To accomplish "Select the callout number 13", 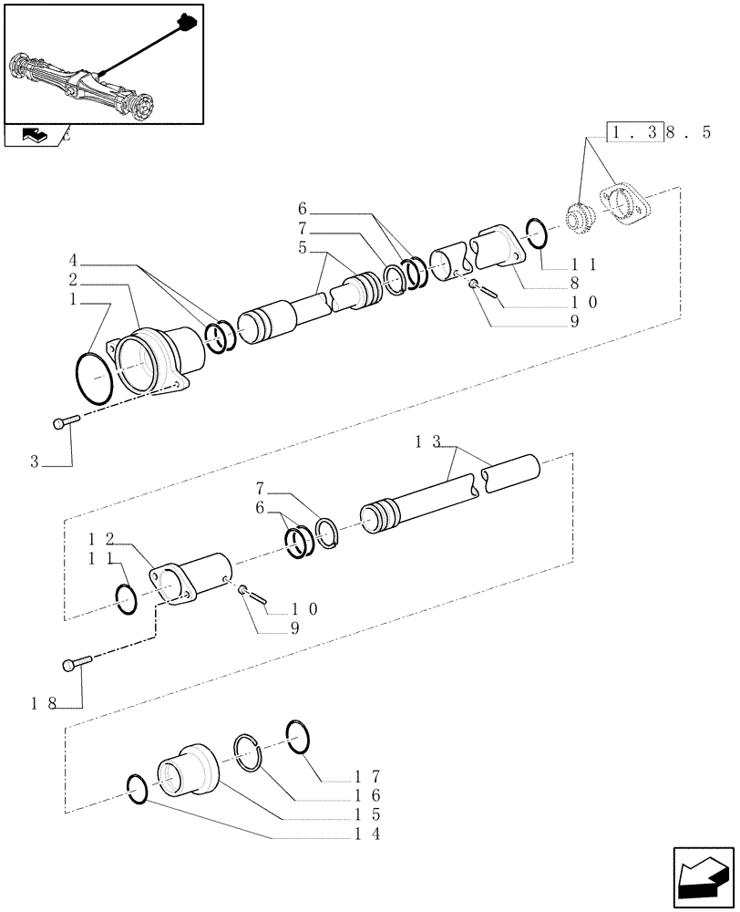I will pos(428,442).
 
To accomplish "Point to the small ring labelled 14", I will pos(135,790).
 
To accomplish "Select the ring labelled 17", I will pos(301,737).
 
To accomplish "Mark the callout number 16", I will pos(367,795).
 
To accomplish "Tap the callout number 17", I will pos(367,777).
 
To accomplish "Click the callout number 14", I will pos(367,834).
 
